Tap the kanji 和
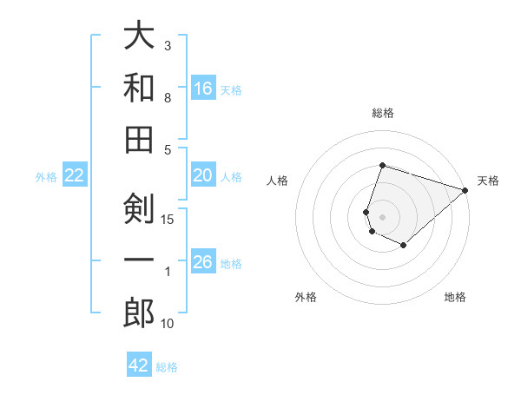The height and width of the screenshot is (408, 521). [139, 88]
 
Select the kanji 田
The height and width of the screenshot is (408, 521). [139, 140]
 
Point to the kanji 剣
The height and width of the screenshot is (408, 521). [139, 208]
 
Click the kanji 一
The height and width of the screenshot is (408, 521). [139, 261]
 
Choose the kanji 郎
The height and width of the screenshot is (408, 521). [139, 313]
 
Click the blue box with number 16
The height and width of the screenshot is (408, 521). [203, 89]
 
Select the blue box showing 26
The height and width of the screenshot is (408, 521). [203, 263]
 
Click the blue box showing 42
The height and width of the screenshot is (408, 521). [139, 365]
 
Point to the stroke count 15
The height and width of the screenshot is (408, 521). [168, 219]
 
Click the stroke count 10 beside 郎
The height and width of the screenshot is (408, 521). [168, 324]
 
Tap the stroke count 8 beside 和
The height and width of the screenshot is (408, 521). [168, 98]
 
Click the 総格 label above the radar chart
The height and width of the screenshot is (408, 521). [383, 113]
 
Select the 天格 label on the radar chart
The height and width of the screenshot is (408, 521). [488, 181]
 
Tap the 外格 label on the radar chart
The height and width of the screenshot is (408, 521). [306, 297]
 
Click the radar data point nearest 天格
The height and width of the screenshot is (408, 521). [465, 190]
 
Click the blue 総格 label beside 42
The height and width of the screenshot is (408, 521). [167, 367]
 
